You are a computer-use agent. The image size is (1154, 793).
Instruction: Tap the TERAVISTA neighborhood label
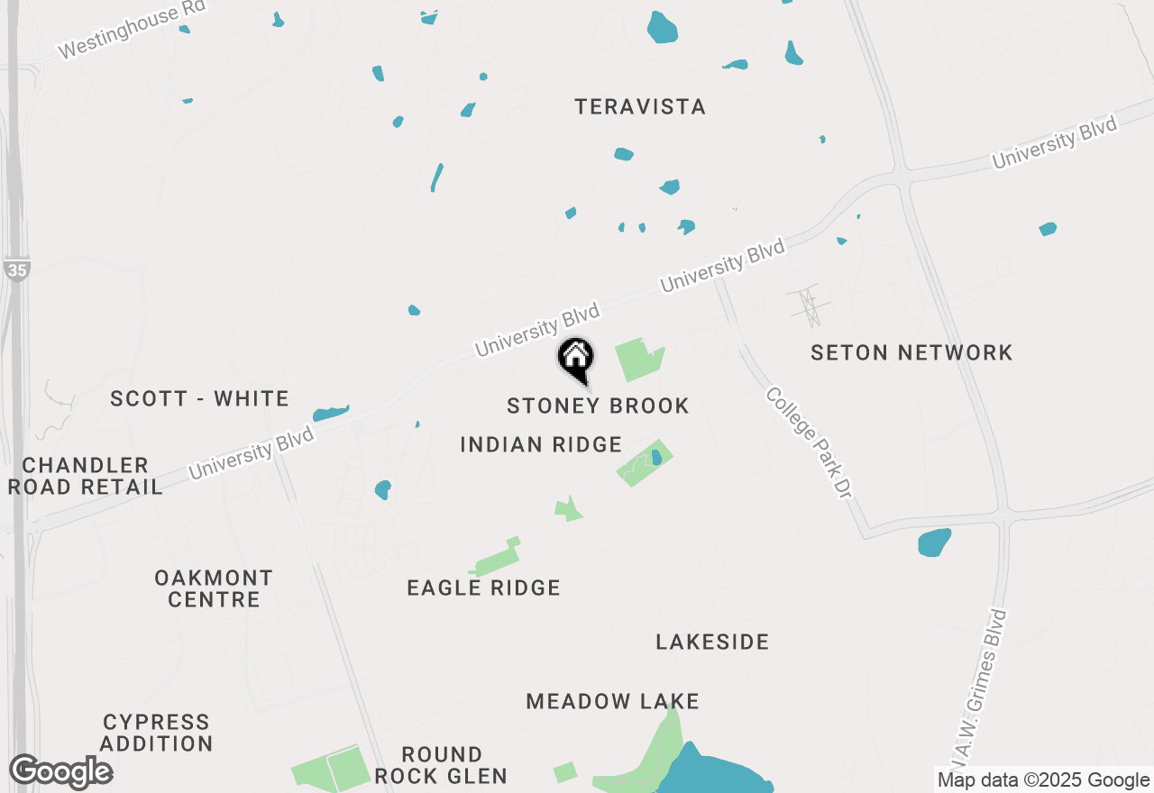[x=640, y=107]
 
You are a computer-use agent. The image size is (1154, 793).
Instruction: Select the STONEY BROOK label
[x=598, y=406]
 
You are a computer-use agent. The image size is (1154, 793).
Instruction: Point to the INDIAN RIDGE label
[x=541, y=444]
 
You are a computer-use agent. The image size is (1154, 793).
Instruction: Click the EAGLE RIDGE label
[x=484, y=588]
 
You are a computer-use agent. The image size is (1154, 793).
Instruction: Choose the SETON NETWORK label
[x=911, y=352]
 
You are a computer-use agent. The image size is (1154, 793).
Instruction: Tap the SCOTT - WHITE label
[x=199, y=398]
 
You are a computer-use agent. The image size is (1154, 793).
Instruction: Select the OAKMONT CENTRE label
[x=214, y=588]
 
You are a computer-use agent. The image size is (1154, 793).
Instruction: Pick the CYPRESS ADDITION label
[x=157, y=733]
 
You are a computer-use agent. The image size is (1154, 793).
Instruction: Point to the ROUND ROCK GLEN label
[x=442, y=765]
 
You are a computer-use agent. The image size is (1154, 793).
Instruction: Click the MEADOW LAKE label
[x=613, y=701]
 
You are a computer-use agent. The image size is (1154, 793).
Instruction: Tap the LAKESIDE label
[x=712, y=642]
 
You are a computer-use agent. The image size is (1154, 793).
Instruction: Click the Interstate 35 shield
[x=16, y=269]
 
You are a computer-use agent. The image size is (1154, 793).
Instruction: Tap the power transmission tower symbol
[x=807, y=305]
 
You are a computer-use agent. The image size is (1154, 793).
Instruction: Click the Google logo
[x=61, y=772]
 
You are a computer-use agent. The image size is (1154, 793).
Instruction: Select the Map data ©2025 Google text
[x=1043, y=780]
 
